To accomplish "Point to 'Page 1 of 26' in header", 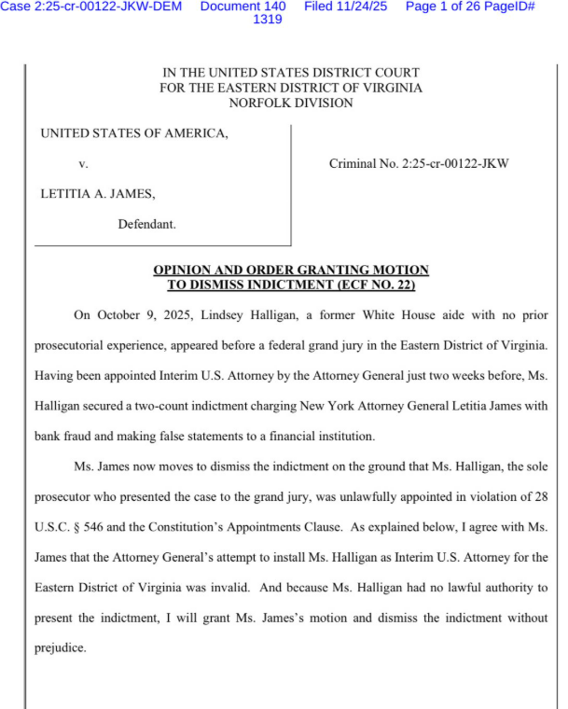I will [443, 7].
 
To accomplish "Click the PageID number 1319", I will [268, 20].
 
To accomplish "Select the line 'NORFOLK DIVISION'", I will [290, 104].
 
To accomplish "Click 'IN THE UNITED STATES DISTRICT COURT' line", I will [290, 73].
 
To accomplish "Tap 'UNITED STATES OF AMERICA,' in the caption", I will [133, 133].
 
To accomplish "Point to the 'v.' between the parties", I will [83, 164].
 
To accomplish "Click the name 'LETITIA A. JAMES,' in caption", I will [97, 194].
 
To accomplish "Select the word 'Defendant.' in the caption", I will [146, 224].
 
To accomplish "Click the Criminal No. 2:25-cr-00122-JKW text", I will [419, 164].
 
